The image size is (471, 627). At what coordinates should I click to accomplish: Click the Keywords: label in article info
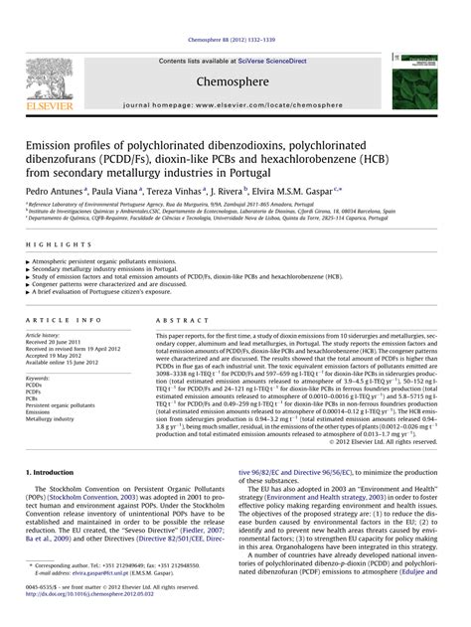(39, 379)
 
